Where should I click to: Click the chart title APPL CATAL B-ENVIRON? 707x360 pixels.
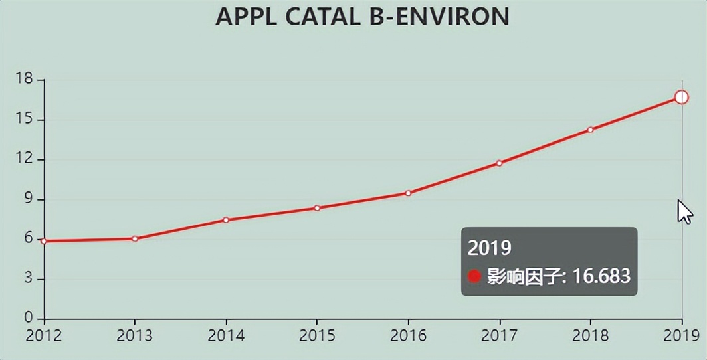(363, 17)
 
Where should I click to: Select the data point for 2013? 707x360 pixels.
(135, 238)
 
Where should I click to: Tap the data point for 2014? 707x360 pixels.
(226, 220)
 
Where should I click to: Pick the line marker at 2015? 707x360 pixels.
(318, 208)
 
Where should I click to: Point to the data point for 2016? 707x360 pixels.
(408, 193)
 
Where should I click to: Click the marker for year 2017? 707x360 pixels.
(499, 163)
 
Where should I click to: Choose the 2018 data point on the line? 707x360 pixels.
(590, 130)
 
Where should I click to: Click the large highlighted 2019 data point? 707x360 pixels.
(681, 98)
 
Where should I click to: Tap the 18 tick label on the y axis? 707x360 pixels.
(24, 80)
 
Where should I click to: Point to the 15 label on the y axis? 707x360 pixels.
(24, 120)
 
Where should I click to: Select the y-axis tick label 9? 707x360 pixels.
(29, 199)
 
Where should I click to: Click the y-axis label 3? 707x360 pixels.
(29, 279)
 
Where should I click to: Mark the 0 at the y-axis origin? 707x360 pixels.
(29, 319)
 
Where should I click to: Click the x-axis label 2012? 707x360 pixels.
(44, 336)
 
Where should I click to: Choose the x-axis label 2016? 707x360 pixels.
(408, 336)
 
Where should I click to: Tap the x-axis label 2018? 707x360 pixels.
(590, 336)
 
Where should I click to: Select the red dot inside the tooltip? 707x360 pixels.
(474, 276)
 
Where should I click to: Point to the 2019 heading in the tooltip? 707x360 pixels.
(490, 248)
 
